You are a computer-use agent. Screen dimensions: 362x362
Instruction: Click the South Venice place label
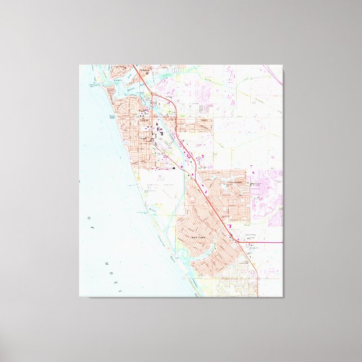(x=201, y=237)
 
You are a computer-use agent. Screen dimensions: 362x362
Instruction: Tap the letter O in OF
(x=88, y=216)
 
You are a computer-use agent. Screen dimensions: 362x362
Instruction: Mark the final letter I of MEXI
(x=119, y=290)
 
